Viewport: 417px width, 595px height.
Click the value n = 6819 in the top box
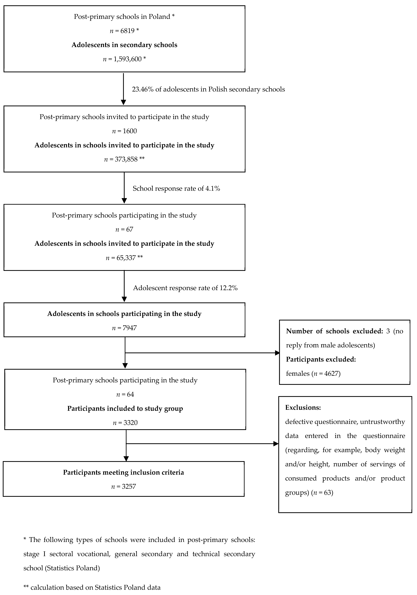click(124, 31)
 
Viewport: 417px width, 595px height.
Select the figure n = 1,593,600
click(124, 59)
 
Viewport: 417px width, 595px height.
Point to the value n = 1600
click(124, 131)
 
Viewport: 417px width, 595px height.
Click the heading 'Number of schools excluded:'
click(334, 331)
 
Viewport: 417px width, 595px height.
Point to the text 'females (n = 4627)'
click(313, 373)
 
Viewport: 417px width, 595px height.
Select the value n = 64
click(125, 394)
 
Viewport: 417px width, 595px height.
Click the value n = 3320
click(125, 423)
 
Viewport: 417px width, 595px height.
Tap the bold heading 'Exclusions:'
click(303, 408)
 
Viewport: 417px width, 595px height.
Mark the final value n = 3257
click(124, 486)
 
